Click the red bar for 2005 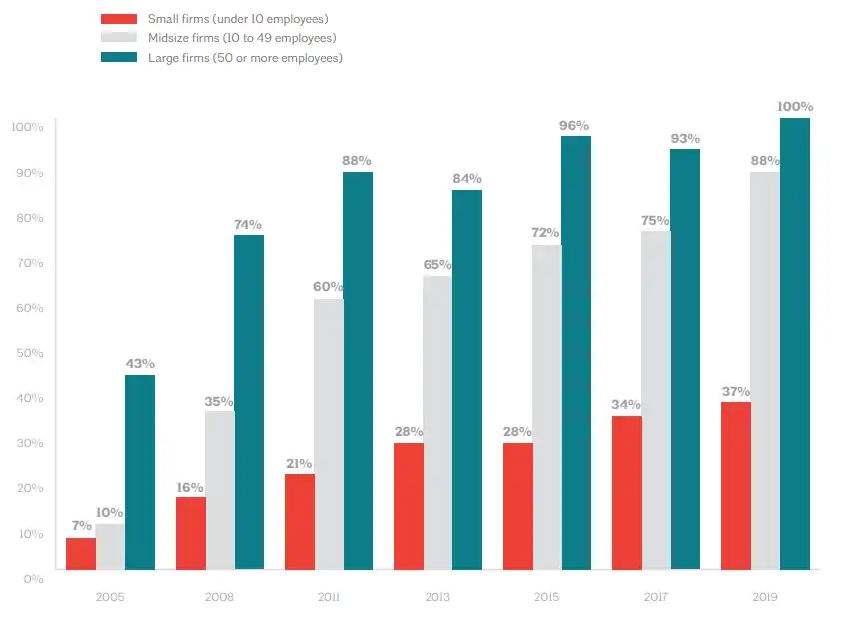coord(81,554)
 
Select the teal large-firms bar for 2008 coord(249,402)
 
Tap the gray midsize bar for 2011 coord(329,434)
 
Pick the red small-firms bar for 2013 coord(409,506)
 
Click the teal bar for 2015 coord(576,352)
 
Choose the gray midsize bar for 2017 coord(656,400)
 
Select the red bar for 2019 coord(736,486)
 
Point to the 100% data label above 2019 coord(795,107)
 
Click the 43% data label coord(140,364)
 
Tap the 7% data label coord(81,525)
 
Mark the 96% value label coord(575,125)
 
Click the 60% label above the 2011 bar coord(328,287)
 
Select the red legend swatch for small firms coord(119,19)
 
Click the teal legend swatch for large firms coord(119,58)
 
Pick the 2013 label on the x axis coord(437,597)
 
